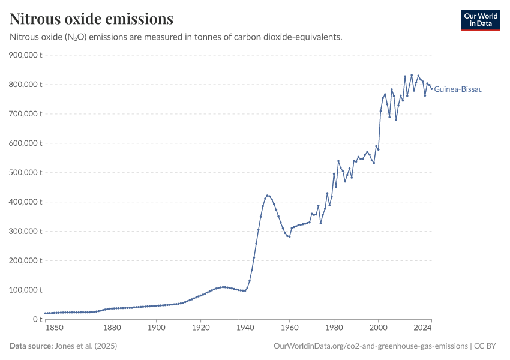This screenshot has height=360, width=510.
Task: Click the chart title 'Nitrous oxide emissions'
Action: coord(92,19)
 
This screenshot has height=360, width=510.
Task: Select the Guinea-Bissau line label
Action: coord(458,89)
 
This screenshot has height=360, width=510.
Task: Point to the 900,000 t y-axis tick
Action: coord(25,55)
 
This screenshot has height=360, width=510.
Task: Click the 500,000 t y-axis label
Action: coord(25,173)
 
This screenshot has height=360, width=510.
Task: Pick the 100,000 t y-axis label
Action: coord(25,290)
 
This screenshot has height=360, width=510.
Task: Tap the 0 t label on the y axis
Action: coord(36,320)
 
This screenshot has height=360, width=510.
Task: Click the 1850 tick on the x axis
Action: coord(54,328)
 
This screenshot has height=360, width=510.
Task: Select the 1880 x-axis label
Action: coord(112,328)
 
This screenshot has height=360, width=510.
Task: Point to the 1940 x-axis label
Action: coord(245,328)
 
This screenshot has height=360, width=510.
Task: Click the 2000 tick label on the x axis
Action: coord(378,328)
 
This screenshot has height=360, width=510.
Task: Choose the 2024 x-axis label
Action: coord(423,328)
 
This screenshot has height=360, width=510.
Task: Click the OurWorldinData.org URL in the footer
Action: coord(370,346)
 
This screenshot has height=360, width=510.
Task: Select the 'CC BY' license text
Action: coord(487,346)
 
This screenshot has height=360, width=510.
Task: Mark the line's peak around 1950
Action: coord(267,196)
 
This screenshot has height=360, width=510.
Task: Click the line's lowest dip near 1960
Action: coord(289,237)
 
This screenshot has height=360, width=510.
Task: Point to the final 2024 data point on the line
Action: coord(431,89)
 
